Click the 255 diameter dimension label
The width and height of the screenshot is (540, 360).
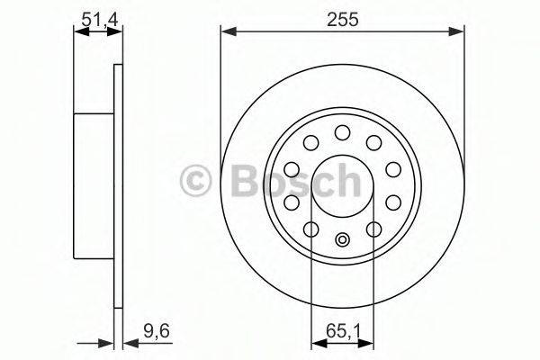pyautogui.click(x=343, y=19)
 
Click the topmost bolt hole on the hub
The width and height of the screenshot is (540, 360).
pyautogui.click(x=342, y=132)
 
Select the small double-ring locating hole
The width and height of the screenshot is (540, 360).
pyautogui.click(x=342, y=239)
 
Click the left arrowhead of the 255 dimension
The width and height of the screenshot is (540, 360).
pyautogui.click(x=226, y=33)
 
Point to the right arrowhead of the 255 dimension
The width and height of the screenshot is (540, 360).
pyautogui.click(x=460, y=33)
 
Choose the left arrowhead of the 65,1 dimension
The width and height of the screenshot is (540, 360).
pyautogui.click(x=315, y=342)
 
